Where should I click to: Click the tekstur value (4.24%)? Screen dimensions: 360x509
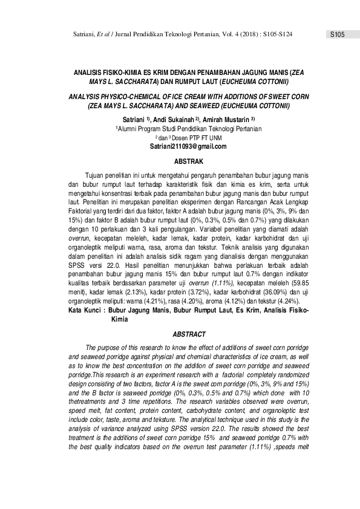tap(293, 300)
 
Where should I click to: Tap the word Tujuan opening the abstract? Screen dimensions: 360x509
tap(97, 173)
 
